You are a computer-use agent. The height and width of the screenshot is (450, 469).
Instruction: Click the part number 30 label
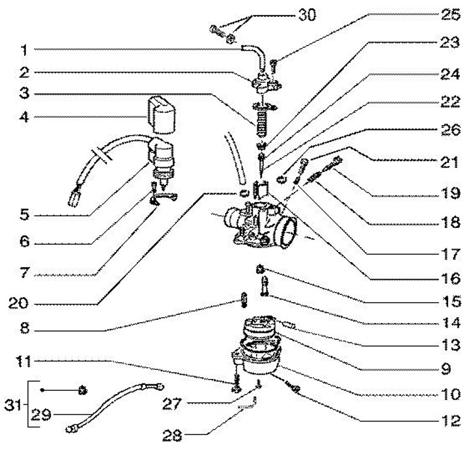[307, 14]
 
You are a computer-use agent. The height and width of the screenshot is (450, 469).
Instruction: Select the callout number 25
[451, 14]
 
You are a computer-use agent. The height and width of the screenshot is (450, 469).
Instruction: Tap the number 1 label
[25, 50]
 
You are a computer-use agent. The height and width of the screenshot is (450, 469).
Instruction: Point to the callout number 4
[25, 117]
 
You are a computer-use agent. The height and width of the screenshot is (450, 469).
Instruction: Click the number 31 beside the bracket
[14, 406]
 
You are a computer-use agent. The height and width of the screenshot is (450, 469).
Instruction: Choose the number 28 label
[172, 435]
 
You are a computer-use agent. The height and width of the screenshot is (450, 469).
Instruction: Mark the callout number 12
[451, 421]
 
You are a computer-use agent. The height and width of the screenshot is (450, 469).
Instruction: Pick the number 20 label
[18, 303]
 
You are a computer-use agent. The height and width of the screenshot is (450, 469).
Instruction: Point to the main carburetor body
[260, 225]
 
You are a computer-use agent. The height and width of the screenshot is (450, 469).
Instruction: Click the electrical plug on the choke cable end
[74, 198]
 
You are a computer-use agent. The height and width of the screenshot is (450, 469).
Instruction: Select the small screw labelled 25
[274, 66]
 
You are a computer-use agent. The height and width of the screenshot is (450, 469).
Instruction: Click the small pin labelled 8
[244, 300]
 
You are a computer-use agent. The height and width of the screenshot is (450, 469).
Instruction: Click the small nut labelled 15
[260, 270]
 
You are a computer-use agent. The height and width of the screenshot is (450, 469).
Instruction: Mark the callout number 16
[451, 279]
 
